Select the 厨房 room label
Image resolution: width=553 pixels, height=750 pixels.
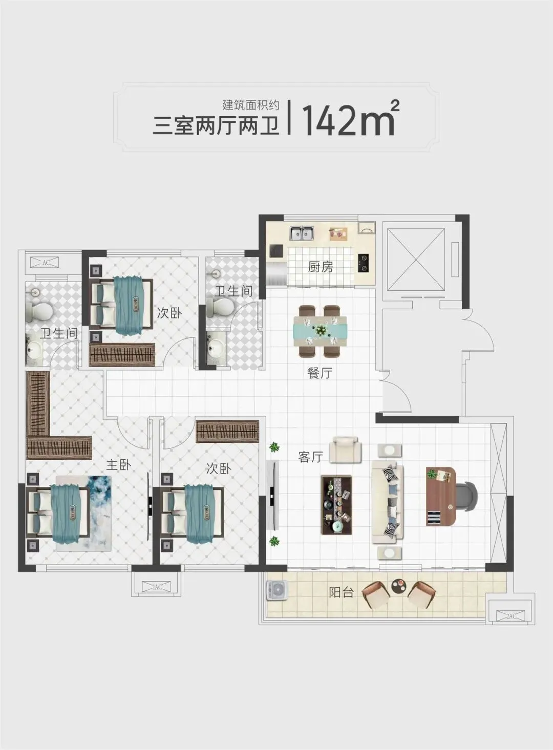(321, 267)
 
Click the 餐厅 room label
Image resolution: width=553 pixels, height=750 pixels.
(320, 372)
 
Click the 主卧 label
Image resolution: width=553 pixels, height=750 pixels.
(119, 465)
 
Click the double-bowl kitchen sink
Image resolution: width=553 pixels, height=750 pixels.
(302, 233)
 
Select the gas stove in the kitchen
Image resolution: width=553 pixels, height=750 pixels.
(363, 263)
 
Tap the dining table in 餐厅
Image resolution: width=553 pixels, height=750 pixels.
(321, 331)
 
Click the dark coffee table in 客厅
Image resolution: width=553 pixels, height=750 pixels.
(336, 505)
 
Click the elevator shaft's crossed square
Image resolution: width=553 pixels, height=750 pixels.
(416, 260)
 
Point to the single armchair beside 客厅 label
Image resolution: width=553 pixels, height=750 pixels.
(345, 450)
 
